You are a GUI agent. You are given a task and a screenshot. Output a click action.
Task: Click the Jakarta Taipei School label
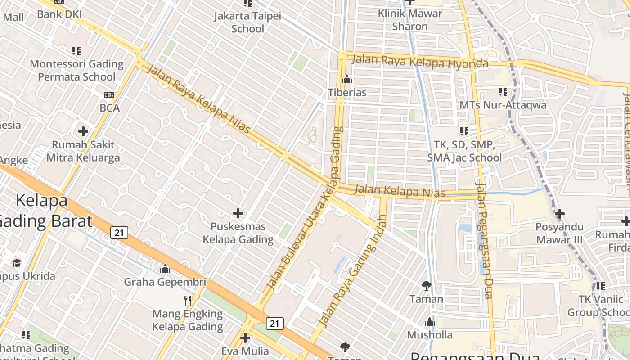point(247,22)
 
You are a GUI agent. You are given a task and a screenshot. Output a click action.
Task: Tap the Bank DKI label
point(59,14)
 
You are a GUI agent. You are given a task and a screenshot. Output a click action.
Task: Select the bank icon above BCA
point(109,95)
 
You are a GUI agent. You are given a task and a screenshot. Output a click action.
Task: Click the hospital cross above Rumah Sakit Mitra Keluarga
point(83,131)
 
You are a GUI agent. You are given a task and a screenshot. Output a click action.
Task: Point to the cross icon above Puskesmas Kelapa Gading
point(238,213)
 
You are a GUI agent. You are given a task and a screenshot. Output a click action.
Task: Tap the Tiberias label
point(347,93)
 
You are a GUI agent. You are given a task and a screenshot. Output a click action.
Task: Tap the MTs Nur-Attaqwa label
point(503,105)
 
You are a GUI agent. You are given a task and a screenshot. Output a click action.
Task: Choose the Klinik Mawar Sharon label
point(410,20)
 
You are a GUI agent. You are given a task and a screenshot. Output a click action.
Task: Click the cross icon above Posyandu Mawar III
point(559,214)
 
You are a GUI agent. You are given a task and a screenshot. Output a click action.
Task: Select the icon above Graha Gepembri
point(165,269)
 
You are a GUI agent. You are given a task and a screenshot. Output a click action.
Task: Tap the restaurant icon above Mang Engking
point(188,300)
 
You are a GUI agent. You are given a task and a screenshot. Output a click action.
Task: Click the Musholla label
point(430,335)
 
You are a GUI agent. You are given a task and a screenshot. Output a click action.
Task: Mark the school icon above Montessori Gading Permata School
point(76,51)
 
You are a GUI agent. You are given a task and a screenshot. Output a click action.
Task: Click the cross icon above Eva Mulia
point(245,337)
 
